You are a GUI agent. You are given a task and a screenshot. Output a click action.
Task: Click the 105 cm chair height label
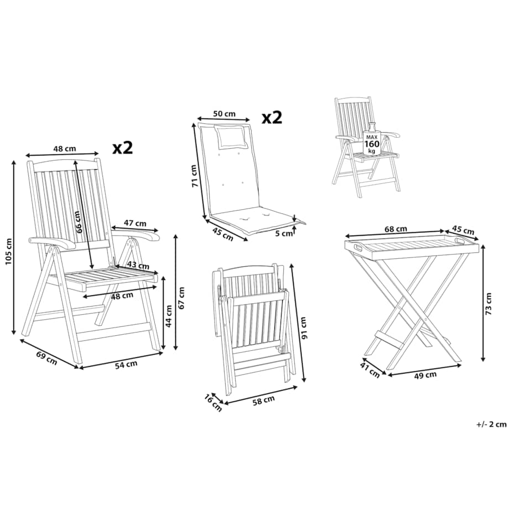(9, 251)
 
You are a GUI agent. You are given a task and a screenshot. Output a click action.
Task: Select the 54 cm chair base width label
(126, 365)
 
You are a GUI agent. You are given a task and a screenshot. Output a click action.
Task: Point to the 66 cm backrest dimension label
(77, 222)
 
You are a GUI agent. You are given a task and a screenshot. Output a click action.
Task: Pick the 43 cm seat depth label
(138, 265)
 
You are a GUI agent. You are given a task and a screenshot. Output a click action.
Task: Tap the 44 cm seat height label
(169, 316)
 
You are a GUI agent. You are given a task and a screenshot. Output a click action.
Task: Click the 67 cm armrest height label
(181, 298)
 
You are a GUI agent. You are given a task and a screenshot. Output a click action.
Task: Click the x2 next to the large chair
(123, 148)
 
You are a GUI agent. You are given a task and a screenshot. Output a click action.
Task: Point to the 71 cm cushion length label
(194, 176)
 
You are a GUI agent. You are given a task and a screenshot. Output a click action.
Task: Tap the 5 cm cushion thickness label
(284, 233)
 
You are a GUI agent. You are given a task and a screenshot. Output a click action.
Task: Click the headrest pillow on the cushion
(231, 137)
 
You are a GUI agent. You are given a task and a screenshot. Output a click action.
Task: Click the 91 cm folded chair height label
(304, 328)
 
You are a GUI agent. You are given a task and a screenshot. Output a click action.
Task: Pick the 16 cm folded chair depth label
(213, 403)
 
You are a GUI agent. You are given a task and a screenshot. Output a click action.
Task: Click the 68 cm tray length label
(396, 229)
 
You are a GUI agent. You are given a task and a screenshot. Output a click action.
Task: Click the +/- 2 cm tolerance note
(491, 424)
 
